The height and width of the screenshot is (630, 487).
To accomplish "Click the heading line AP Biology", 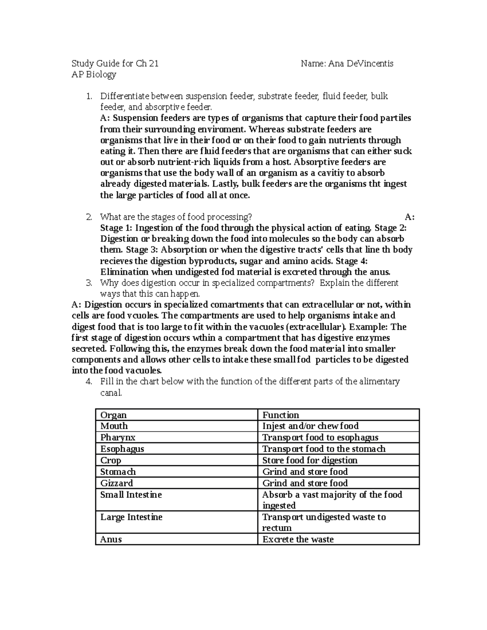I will (94, 74).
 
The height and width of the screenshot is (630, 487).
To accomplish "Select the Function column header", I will (281, 415).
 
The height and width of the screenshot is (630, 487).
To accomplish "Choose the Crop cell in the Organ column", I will (111, 460).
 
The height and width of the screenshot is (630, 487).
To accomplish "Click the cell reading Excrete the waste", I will (298, 539).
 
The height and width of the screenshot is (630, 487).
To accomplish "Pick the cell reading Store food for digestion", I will (310, 460).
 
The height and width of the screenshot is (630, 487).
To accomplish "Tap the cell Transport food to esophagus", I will (320, 437).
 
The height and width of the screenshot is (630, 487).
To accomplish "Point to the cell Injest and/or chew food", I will (310, 426).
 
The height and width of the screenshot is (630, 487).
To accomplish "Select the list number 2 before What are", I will (89, 217).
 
